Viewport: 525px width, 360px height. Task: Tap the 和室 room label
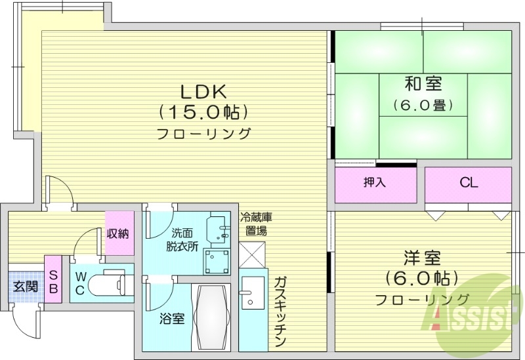click(423, 83)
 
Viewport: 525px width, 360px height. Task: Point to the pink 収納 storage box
click(118, 233)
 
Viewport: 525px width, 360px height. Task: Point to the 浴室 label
click(172, 319)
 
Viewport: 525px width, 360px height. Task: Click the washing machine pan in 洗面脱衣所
click(217, 262)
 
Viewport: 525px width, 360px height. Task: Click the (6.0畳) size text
click(423, 104)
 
